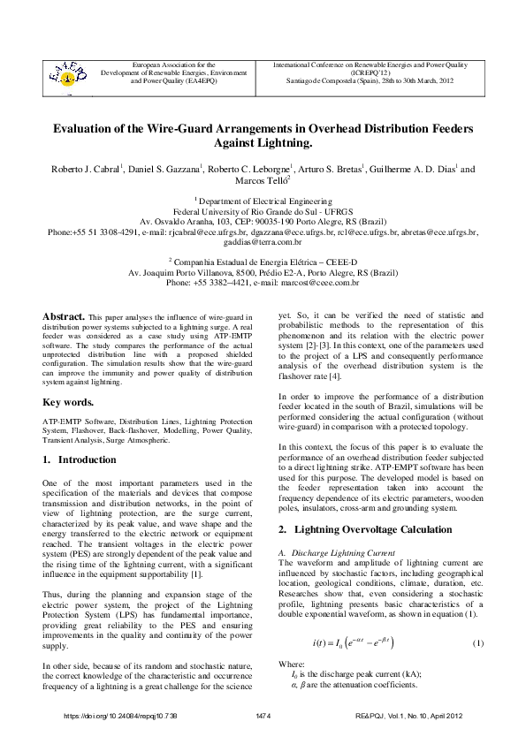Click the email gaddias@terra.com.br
click(263, 240)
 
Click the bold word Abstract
click(64, 315)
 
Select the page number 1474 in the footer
click(263, 715)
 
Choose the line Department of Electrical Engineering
click(263, 202)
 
